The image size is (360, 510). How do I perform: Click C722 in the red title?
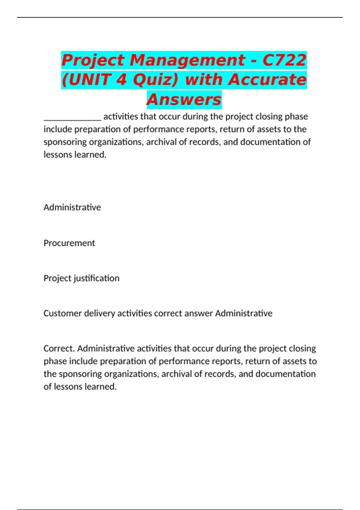pos(284,60)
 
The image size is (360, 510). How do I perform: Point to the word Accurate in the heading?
pos(267,80)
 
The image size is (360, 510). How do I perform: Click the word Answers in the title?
pos(184,100)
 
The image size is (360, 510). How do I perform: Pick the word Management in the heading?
pos(187,60)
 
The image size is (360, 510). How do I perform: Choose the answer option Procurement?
pos(69,243)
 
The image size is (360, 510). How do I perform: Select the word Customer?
pos(62,313)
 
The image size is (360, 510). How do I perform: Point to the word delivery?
pos(99,313)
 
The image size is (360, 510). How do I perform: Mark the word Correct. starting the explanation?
pos(59,348)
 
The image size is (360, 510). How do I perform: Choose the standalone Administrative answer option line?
pos(72,207)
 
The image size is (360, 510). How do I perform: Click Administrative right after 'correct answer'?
pos(244,313)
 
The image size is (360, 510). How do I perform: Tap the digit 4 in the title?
pos(121,80)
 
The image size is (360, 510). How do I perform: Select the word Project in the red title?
pos(93,60)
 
